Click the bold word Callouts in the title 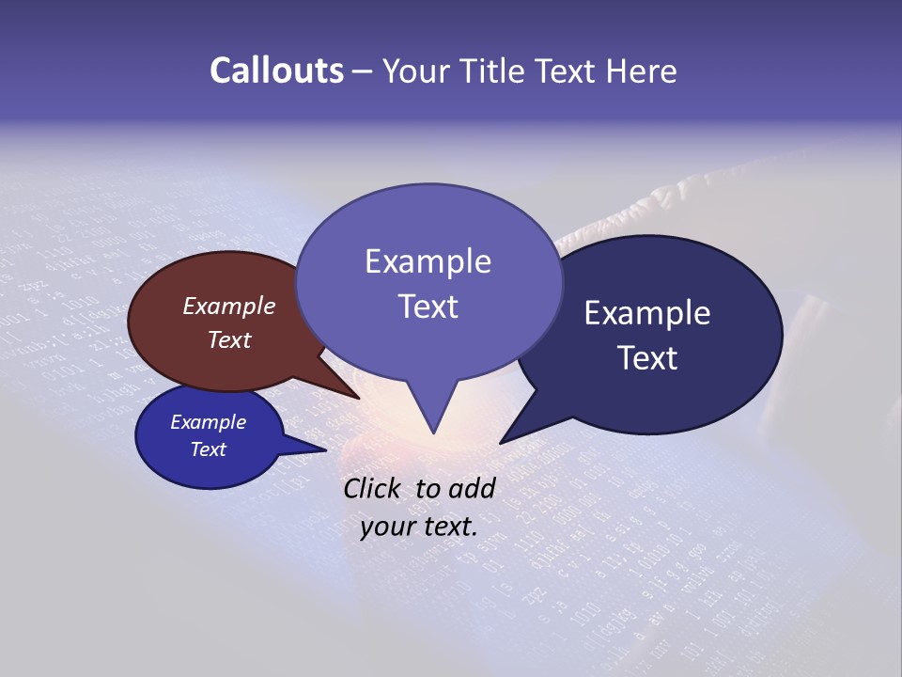pos(276,71)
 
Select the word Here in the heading pos(642,71)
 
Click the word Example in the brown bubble pos(229,307)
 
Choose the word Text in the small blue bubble pos(209,449)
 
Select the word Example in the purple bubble pos(428,261)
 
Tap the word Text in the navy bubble pos(647,358)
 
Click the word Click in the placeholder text pos(372,488)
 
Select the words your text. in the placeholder pos(419,527)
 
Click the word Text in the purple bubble pos(428,307)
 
